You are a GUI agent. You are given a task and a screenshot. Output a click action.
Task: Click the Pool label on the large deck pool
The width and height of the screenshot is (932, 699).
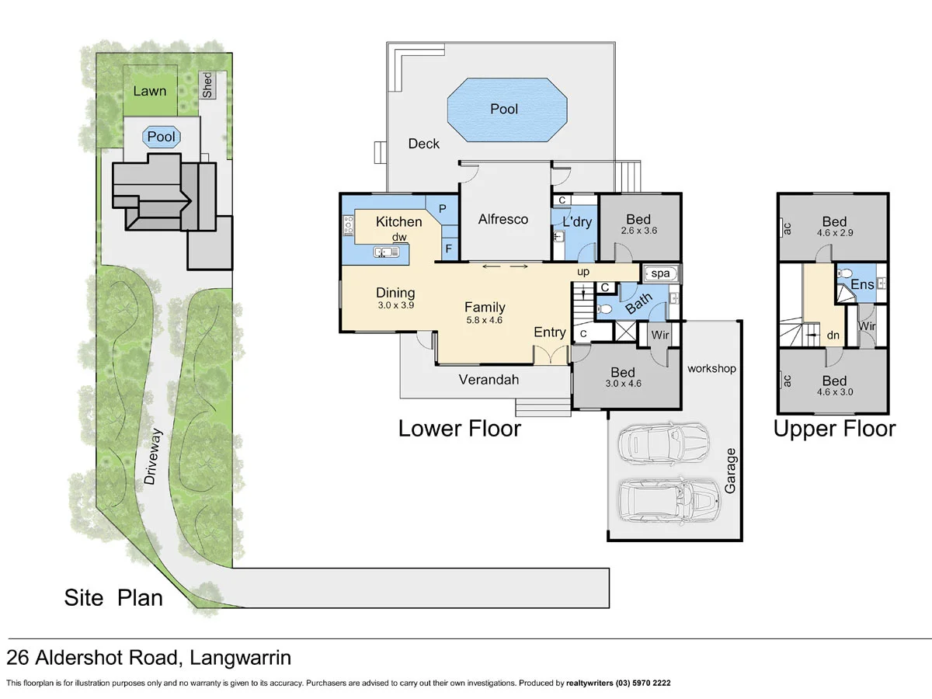click(x=504, y=110)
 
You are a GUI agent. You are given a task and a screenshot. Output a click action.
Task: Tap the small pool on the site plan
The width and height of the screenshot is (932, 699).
click(x=162, y=137)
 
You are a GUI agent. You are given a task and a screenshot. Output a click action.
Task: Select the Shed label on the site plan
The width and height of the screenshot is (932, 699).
click(x=207, y=85)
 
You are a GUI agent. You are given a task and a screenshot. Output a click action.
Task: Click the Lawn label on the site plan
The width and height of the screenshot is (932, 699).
click(x=149, y=91)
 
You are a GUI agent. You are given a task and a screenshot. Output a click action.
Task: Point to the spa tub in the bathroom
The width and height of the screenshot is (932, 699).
click(x=660, y=273)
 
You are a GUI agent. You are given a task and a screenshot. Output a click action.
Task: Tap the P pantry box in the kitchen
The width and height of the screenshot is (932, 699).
click(x=442, y=209)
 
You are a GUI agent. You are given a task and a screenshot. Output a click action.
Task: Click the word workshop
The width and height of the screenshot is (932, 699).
click(x=711, y=368)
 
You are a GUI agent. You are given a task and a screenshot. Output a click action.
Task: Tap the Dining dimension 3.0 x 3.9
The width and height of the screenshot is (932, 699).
click(x=395, y=306)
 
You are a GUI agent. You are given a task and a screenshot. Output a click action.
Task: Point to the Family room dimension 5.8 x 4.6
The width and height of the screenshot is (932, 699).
click(x=485, y=320)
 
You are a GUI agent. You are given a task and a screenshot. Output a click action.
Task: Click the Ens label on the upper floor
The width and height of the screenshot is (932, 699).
click(x=862, y=285)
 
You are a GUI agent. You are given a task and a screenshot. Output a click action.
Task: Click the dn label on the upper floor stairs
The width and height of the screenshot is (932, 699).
click(x=833, y=336)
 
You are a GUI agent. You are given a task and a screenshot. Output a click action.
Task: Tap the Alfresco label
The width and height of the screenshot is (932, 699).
click(x=503, y=219)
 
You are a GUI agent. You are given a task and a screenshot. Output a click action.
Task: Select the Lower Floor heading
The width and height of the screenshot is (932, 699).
click(x=459, y=428)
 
